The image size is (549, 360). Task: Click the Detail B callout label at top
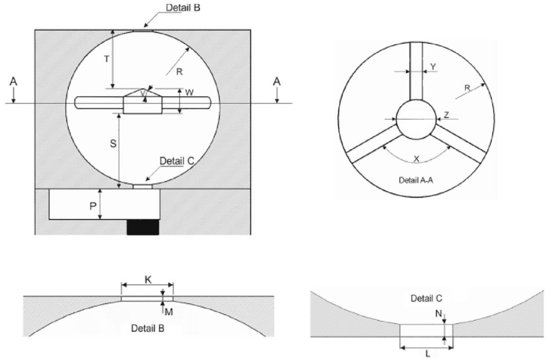pyautogui.click(x=183, y=7)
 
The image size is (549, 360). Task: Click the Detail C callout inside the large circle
pyautogui.click(x=177, y=161)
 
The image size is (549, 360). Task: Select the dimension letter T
pyautogui.click(x=107, y=59)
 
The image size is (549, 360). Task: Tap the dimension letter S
pyautogui.click(x=113, y=144)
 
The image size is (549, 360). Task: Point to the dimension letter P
pyautogui.click(x=93, y=206)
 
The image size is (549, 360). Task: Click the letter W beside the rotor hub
pyautogui.click(x=189, y=93)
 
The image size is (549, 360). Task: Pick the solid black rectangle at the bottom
pyautogui.click(x=143, y=227)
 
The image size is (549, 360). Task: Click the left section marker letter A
pyautogui.click(x=13, y=82)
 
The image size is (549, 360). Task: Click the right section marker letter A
pyautogui.click(x=276, y=82)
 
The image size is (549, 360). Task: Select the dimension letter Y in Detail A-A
pyautogui.click(x=433, y=66)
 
